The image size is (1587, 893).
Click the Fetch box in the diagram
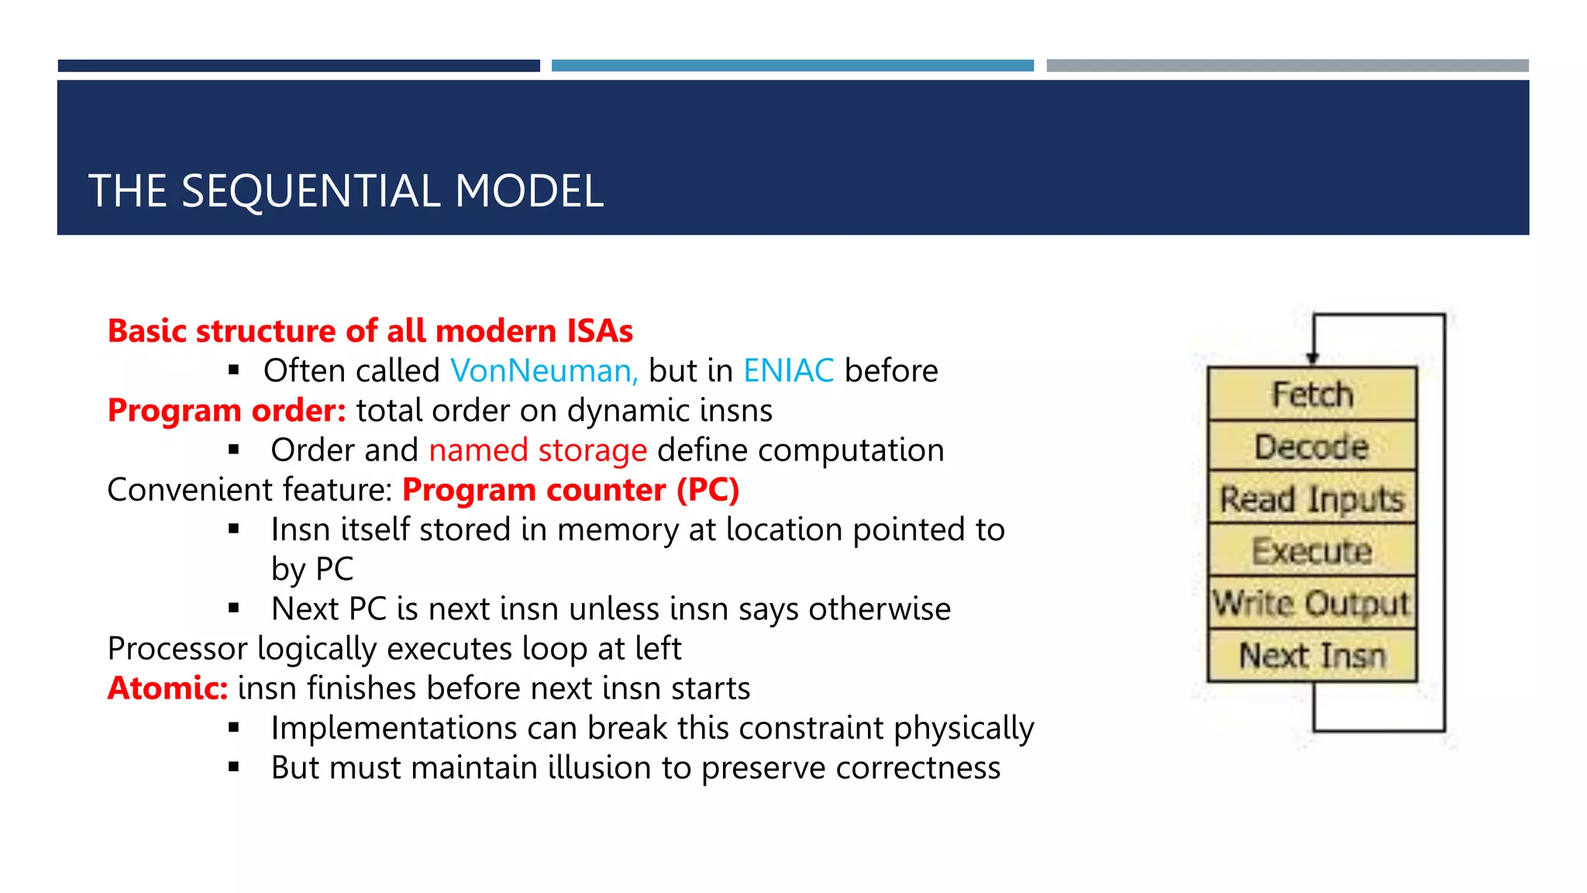[1312, 394]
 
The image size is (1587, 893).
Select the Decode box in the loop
[1312, 446]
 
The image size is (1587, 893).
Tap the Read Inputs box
[1312, 498]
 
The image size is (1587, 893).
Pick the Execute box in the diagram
[1312, 551]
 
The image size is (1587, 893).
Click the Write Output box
[1312, 603]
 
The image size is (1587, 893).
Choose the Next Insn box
[1312, 656]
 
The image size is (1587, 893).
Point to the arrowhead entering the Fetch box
[1313, 357]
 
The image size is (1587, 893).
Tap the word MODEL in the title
[529, 191]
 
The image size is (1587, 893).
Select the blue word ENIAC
[788, 371]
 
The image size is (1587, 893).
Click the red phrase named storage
[538, 450]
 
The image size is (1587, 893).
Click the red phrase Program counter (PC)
[571, 490]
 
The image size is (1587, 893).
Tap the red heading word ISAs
[600, 331]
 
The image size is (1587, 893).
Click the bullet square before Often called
[234, 371]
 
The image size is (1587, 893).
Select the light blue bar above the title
[792, 66]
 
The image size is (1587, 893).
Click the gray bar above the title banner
[1287, 66]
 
